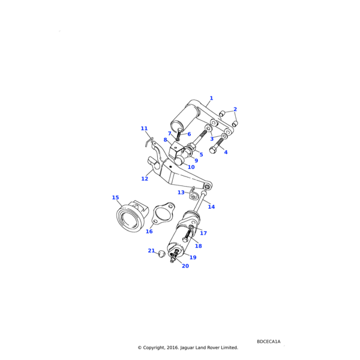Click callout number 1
pos(211,98)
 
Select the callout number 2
pos(235,109)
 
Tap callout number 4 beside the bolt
pos(226,152)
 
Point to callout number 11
pos(144,128)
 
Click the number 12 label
pos(145,179)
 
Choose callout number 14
pos(211,207)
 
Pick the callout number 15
pos(115,197)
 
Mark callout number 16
pos(149,232)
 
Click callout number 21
pos(151,251)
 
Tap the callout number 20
pos(185,266)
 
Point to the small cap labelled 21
pos(161,254)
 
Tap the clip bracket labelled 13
pos(194,193)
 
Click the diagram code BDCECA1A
pos(268,341)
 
